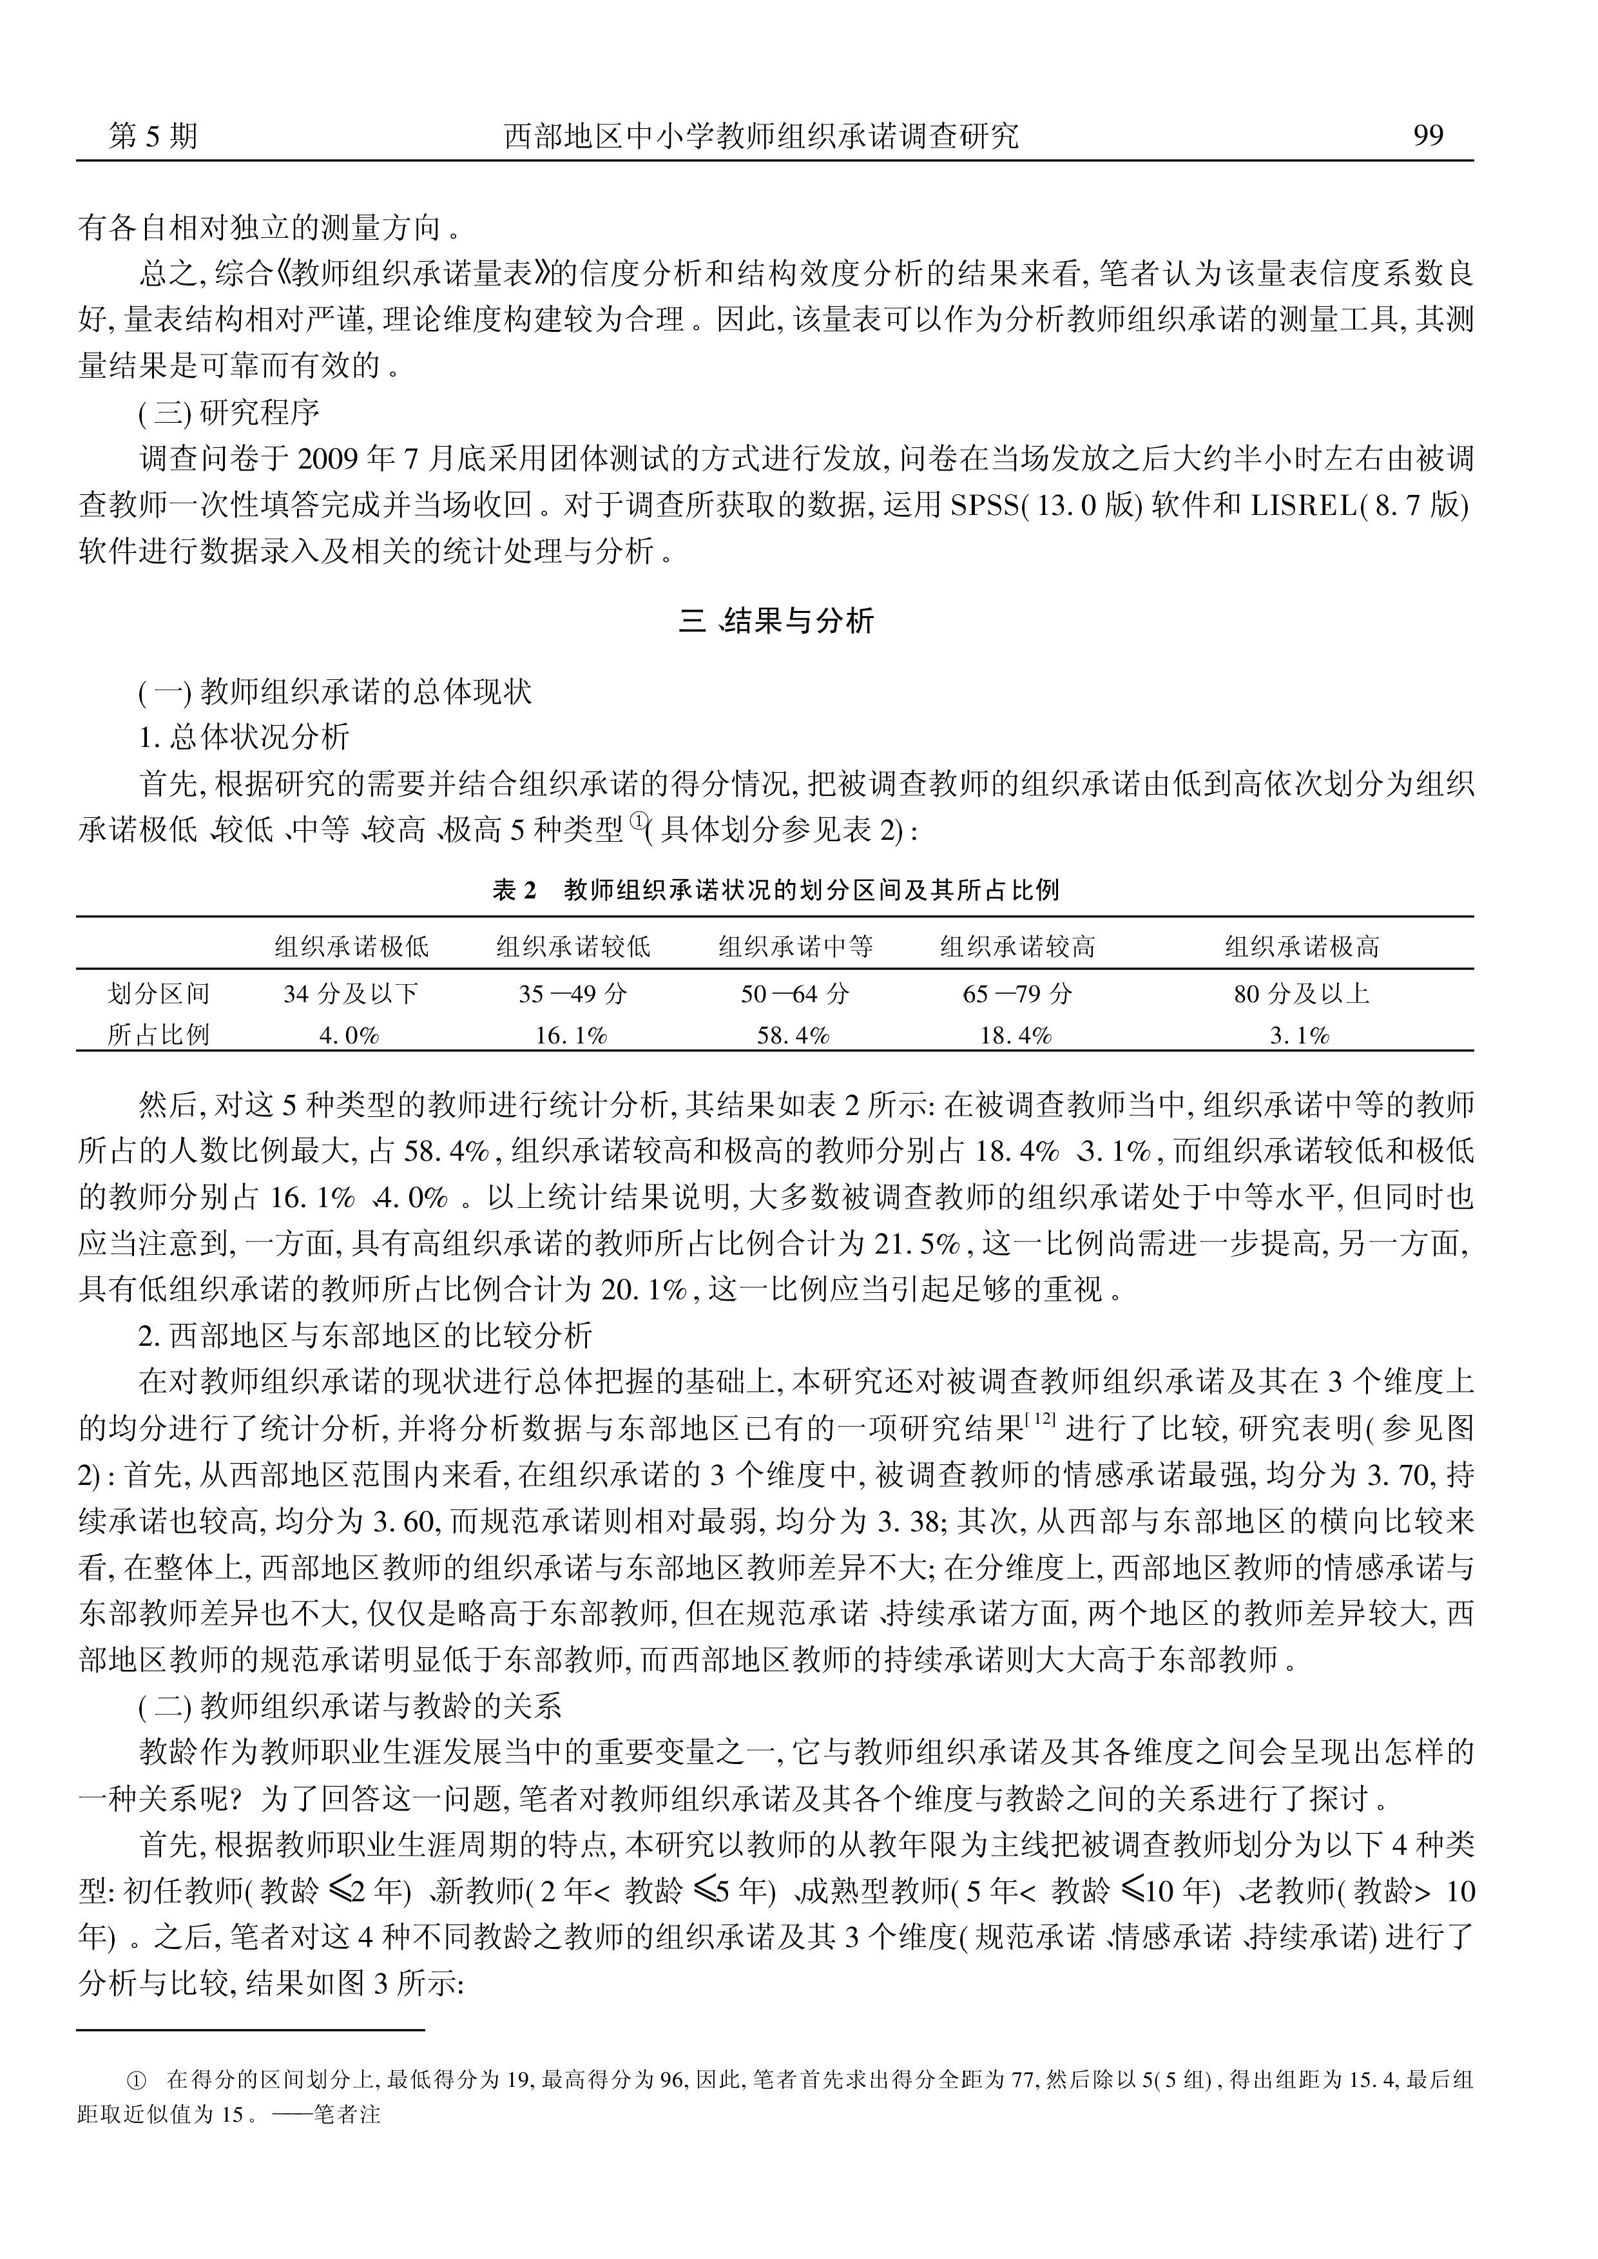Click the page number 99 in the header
[1428, 135]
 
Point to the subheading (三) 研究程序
[228, 412]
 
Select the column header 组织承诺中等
[795, 947]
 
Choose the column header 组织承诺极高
[1302, 947]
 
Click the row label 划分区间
[159, 994]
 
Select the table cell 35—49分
[573, 994]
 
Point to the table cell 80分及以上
[1302, 994]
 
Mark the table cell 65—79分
[1016, 994]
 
